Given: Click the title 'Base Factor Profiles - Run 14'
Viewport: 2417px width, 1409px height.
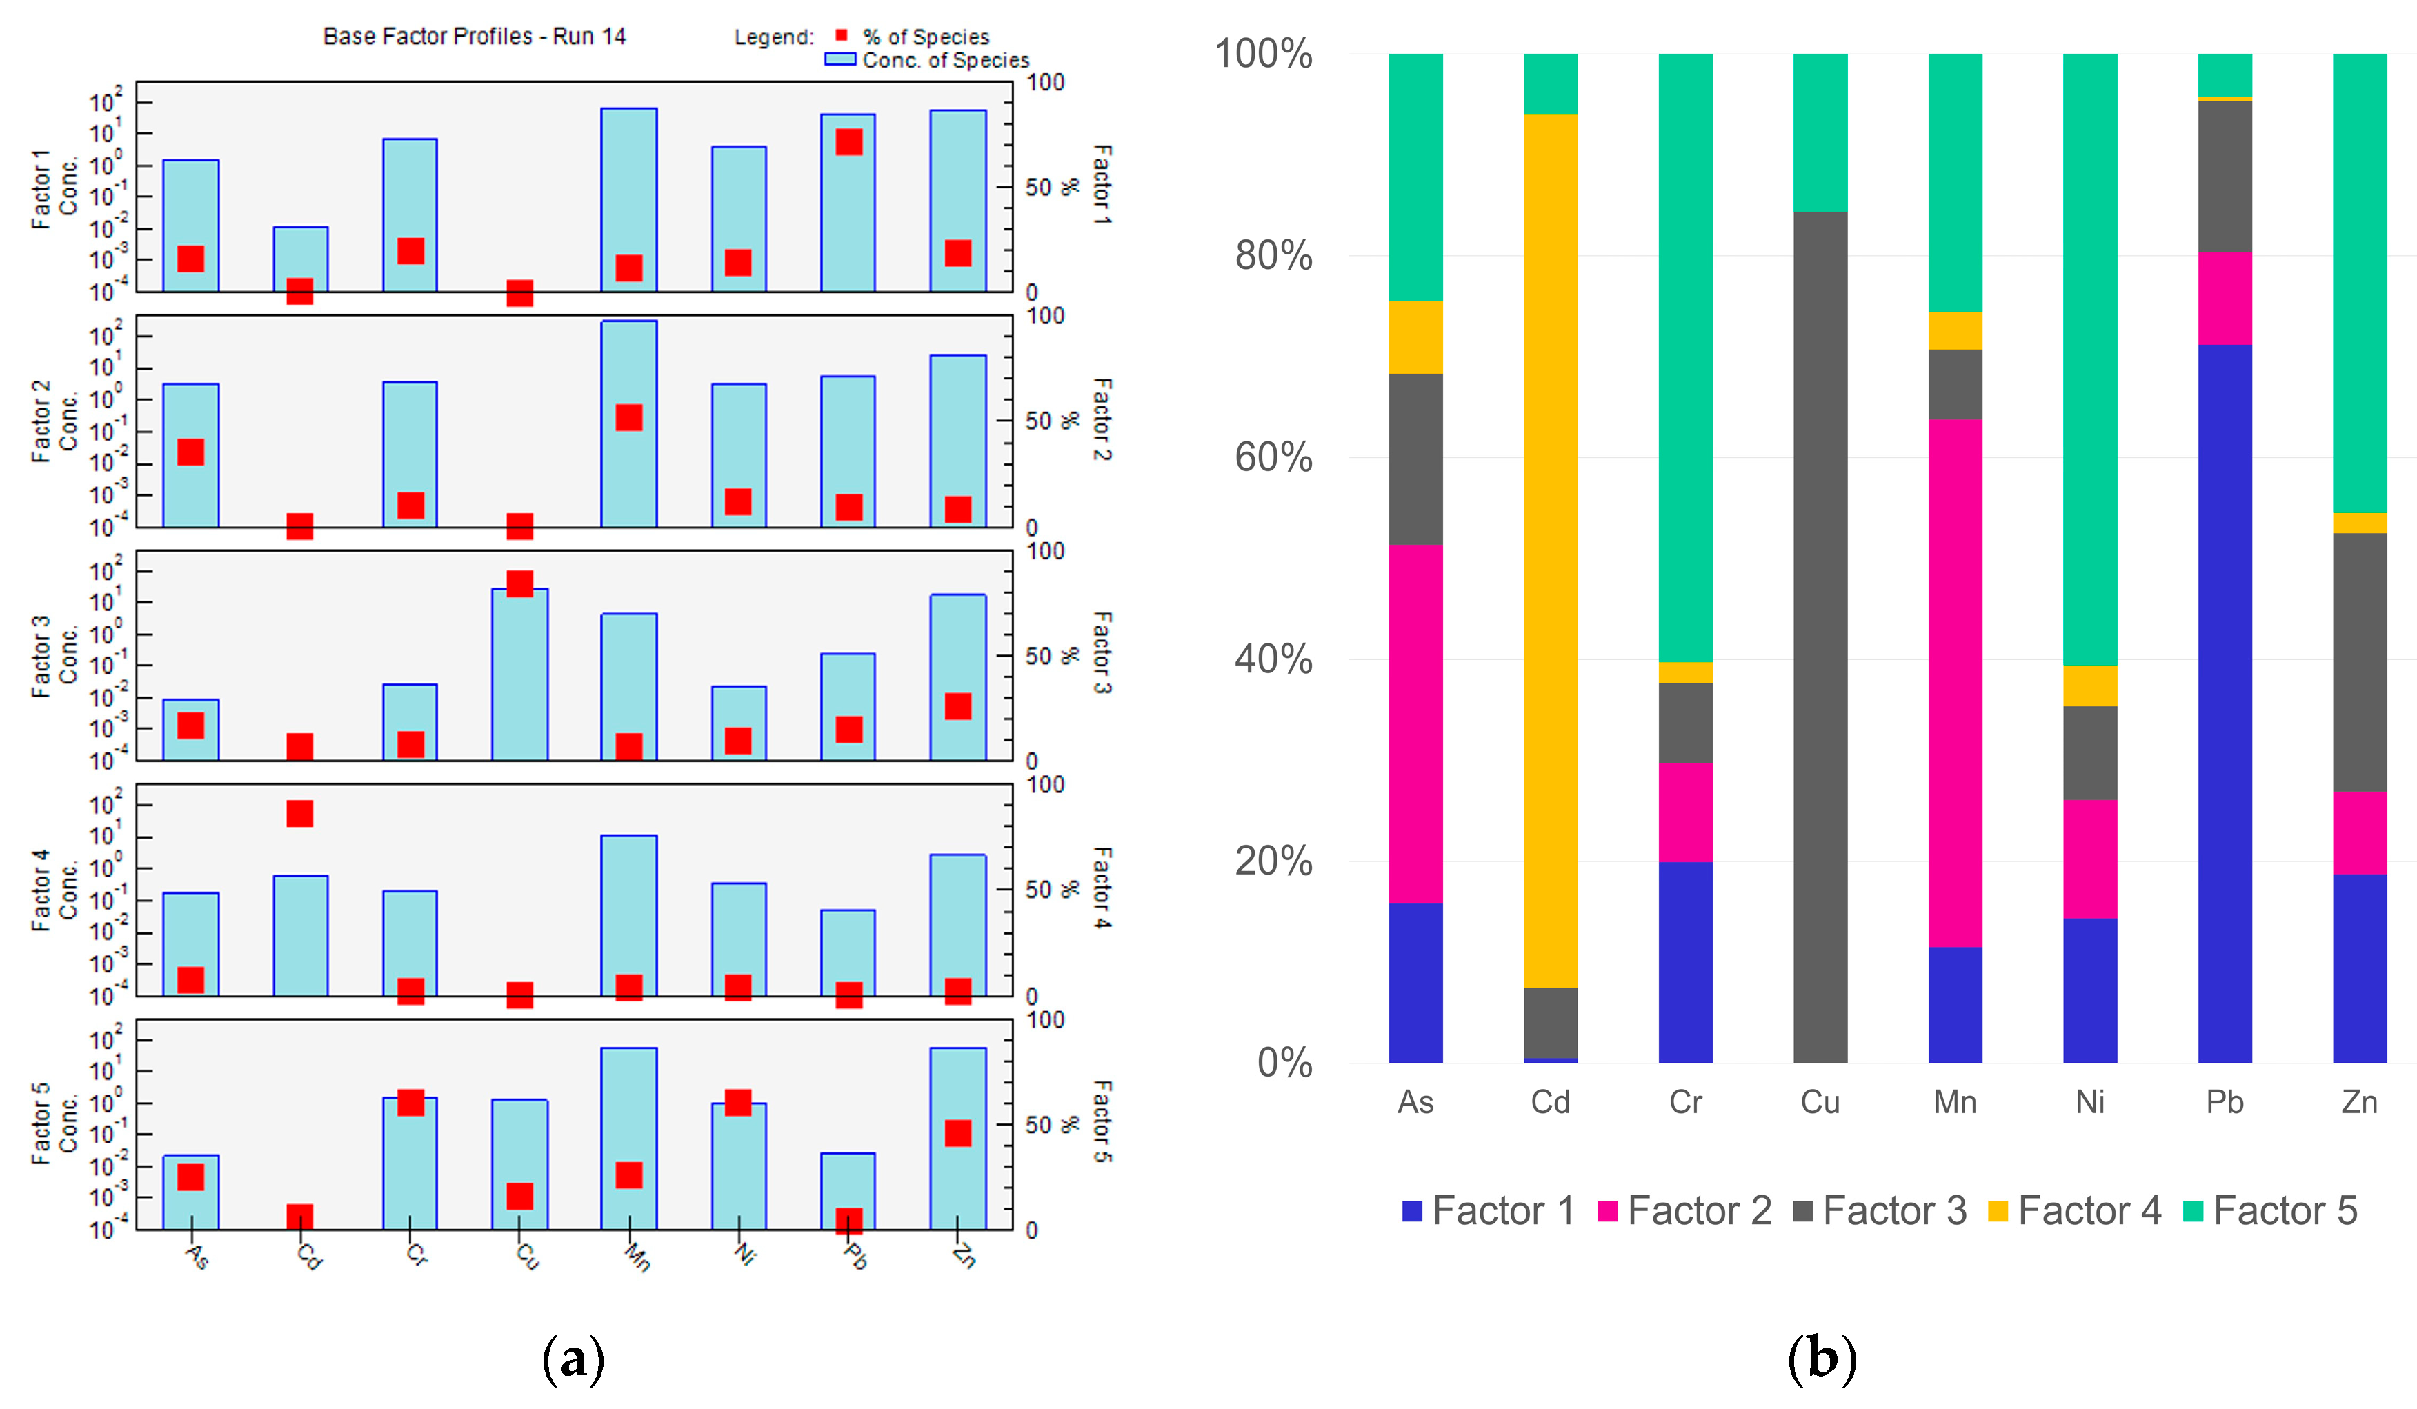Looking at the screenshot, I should coord(474,37).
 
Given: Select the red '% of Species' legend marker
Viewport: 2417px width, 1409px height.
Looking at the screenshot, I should coord(841,35).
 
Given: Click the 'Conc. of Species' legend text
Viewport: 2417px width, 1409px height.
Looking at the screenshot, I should coord(946,61).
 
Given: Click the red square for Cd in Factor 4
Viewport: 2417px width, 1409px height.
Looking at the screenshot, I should coord(300,813).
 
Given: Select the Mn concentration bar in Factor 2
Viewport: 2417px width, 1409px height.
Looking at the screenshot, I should coord(629,424).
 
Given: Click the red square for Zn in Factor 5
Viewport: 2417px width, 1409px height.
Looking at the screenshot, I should coord(958,1132).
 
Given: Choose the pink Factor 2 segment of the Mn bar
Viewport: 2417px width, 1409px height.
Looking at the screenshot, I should coord(1956,683).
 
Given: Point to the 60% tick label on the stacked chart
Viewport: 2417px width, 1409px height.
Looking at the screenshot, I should coord(1273,457).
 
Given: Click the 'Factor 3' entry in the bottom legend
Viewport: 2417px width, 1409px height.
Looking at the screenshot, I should coord(1880,1210).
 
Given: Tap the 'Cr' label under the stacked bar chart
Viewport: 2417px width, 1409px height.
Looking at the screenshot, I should coord(1685,1102).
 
